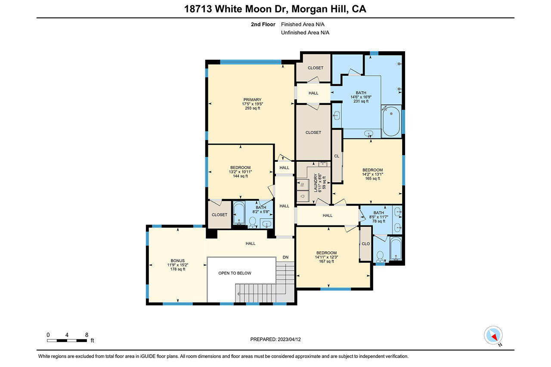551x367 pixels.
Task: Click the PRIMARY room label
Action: click(x=252, y=99)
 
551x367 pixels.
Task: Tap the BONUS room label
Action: click(x=178, y=261)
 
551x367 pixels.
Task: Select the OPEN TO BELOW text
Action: click(x=235, y=273)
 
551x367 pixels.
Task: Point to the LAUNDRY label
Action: click(x=316, y=183)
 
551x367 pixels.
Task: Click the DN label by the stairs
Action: click(x=285, y=257)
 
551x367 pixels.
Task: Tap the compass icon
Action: click(x=493, y=335)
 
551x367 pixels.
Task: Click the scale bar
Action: click(x=67, y=341)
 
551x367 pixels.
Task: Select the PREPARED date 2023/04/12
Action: click(x=289, y=339)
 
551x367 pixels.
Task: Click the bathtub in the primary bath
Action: click(x=391, y=121)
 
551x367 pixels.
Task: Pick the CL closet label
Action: click(x=337, y=156)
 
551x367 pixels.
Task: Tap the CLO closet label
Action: click(x=366, y=244)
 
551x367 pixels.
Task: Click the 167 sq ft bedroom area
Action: click(x=326, y=261)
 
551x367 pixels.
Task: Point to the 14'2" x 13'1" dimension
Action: click(x=372, y=174)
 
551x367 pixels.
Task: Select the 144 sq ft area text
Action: click(x=240, y=176)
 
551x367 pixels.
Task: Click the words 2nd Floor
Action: click(x=263, y=25)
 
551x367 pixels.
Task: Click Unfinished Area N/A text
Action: click(x=305, y=33)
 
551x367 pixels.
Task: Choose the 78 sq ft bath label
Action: click(x=378, y=221)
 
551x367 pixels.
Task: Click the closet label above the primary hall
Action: click(x=316, y=68)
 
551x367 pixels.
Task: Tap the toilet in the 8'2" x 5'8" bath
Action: click(x=252, y=222)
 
